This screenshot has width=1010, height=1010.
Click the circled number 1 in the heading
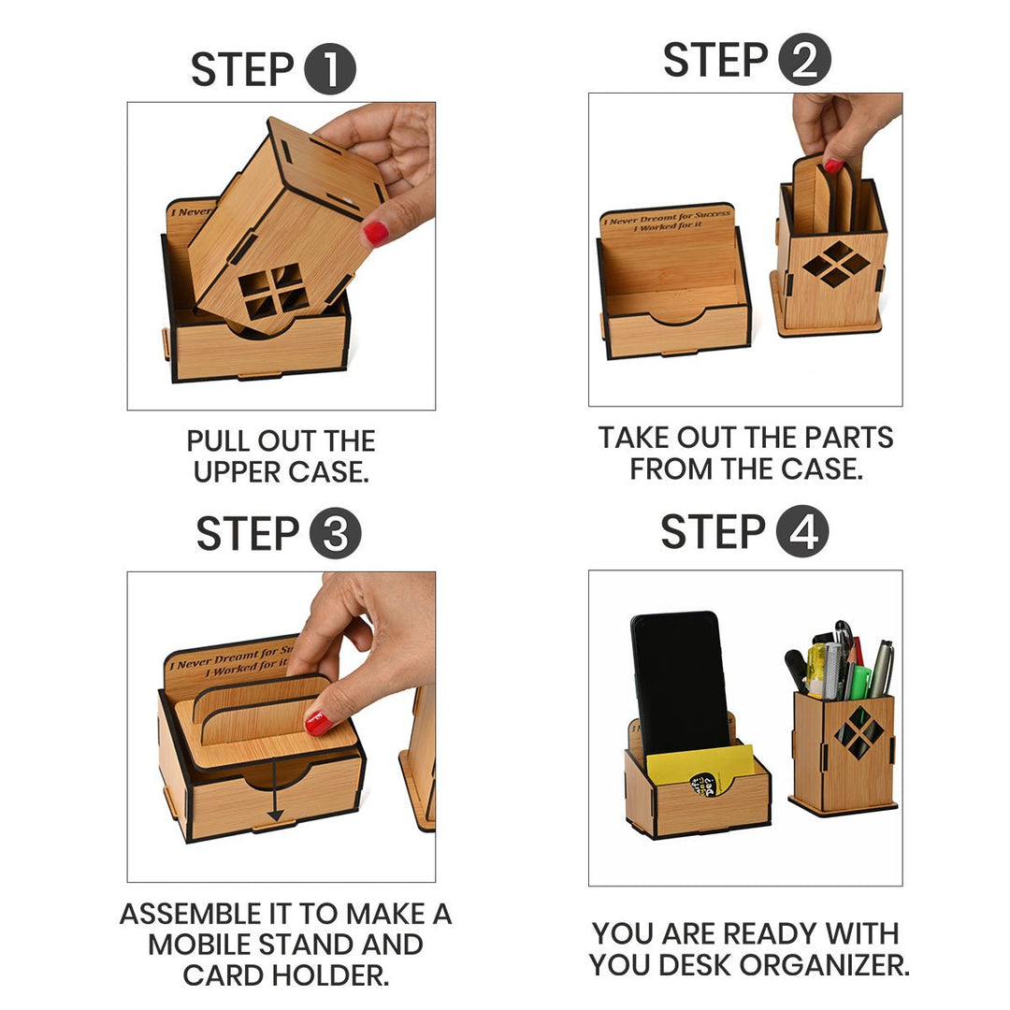click(329, 70)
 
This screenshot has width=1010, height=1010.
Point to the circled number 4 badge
click(802, 531)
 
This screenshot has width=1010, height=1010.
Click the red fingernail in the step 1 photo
click(376, 232)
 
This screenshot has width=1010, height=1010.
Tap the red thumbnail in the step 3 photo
click(319, 723)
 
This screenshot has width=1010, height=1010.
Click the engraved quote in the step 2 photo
click(668, 221)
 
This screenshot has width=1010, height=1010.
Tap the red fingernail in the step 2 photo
click(833, 166)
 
